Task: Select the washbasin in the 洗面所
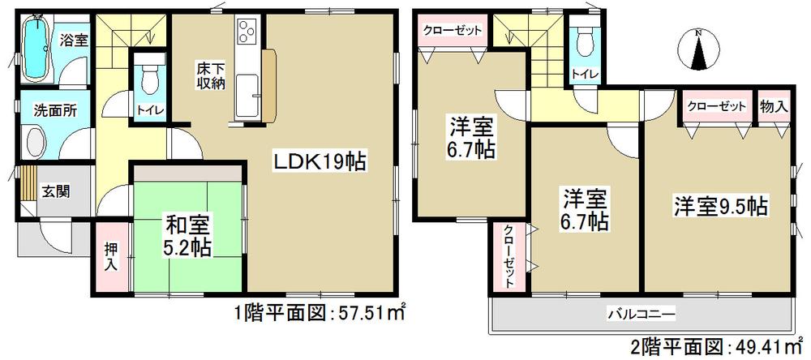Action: [x=35, y=146]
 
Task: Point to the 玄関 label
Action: [x=57, y=192]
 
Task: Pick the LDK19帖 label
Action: [x=320, y=163]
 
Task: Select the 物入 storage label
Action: [x=771, y=105]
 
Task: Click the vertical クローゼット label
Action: [x=508, y=255]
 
